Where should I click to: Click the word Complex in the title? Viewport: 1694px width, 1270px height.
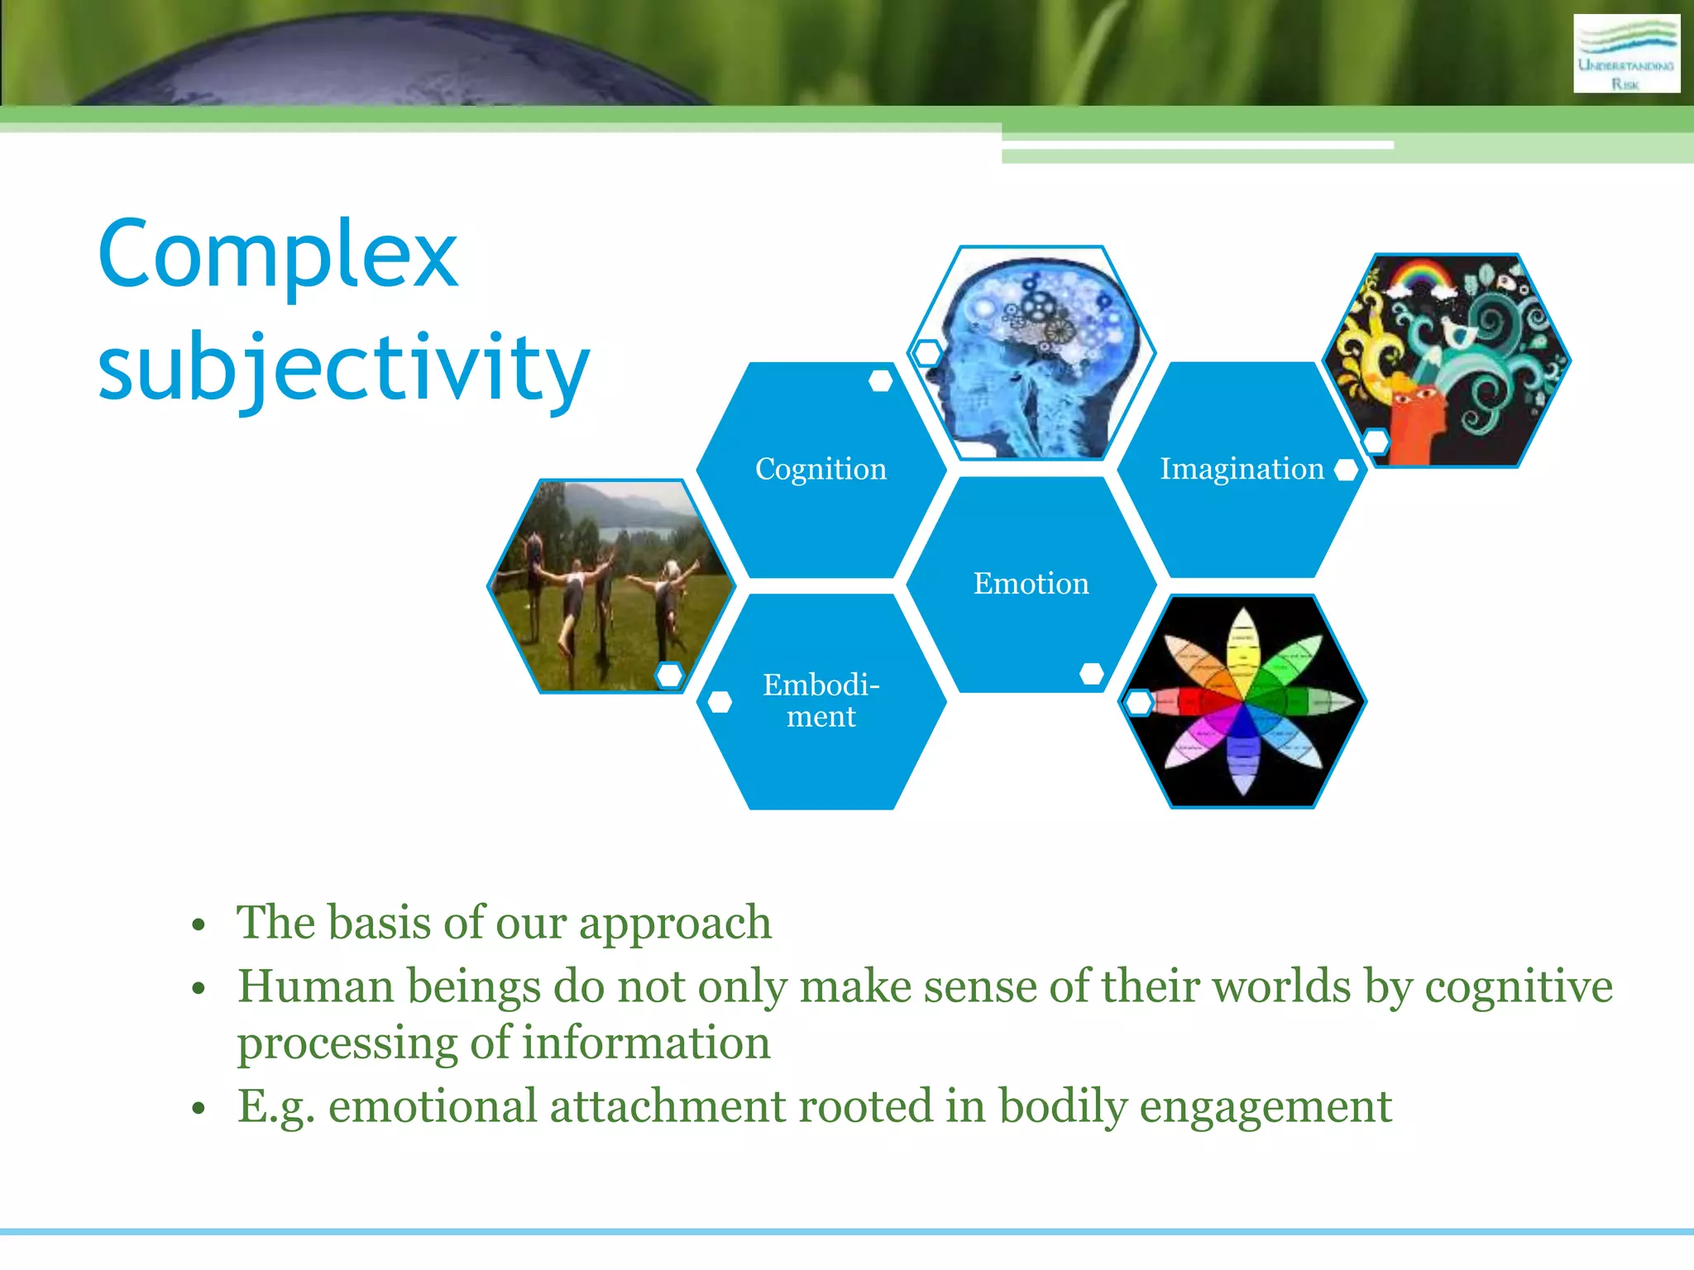(x=277, y=255)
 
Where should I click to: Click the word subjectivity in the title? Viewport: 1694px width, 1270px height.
(x=343, y=366)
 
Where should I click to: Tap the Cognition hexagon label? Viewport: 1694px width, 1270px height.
(x=821, y=469)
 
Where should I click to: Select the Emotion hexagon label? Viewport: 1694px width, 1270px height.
(x=1031, y=584)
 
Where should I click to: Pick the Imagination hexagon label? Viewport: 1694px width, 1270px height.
(x=1242, y=469)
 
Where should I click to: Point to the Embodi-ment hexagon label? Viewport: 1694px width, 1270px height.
(x=821, y=700)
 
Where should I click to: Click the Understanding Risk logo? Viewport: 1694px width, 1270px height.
(x=1625, y=53)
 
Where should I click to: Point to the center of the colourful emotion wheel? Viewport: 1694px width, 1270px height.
(x=1243, y=702)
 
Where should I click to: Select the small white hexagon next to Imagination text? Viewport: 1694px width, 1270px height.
(x=1347, y=470)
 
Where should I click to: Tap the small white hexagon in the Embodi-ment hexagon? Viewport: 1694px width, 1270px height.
(x=720, y=702)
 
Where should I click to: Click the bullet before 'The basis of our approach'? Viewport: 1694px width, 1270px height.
(x=198, y=925)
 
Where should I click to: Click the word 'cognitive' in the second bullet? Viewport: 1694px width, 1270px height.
(x=1519, y=986)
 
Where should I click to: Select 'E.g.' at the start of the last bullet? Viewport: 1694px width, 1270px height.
(x=276, y=1106)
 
